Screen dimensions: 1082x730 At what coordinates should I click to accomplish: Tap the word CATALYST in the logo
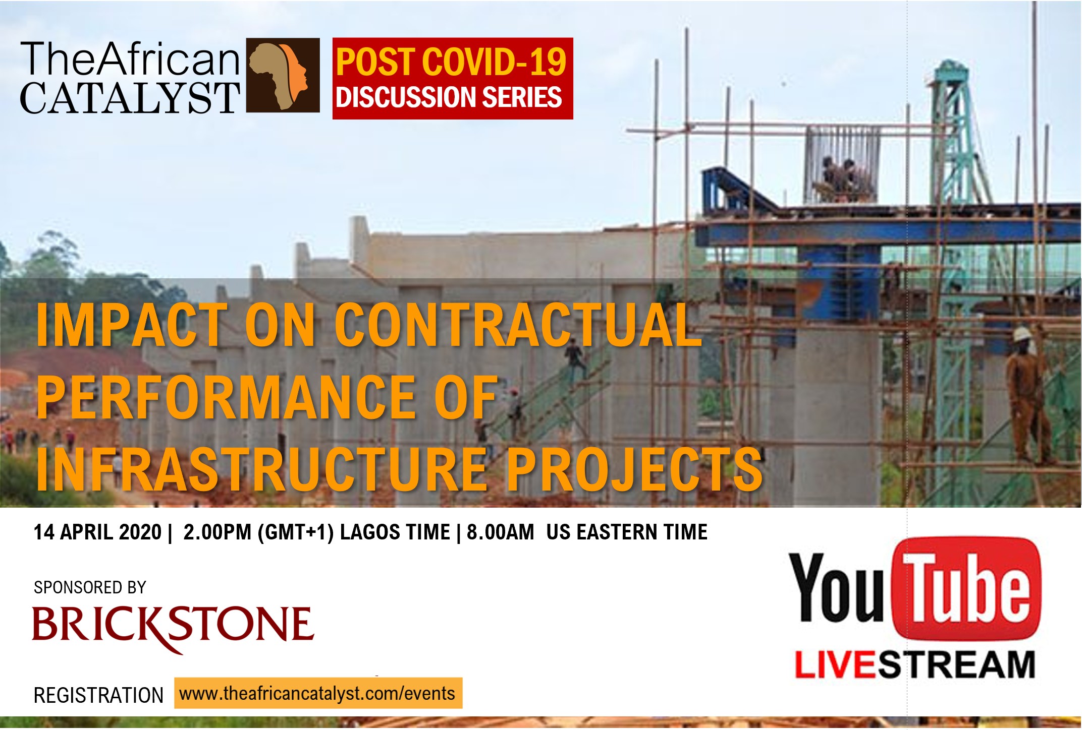(x=130, y=98)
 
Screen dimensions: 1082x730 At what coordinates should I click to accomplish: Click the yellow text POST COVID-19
(x=451, y=62)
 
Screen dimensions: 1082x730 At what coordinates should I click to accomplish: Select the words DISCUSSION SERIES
(x=449, y=97)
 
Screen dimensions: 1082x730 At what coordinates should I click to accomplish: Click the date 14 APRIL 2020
(x=97, y=532)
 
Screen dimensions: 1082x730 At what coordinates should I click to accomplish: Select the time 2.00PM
(x=218, y=532)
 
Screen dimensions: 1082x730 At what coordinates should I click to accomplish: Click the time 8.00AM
(x=500, y=532)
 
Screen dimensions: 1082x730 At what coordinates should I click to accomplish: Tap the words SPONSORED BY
(x=90, y=587)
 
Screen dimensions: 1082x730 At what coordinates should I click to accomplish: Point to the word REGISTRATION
(x=98, y=695)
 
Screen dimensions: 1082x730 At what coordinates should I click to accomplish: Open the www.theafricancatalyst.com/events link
(x=318, y=693)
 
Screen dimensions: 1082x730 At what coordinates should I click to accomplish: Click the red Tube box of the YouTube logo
(x=966, y=589)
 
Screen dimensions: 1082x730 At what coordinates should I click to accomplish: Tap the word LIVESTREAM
(x=914, y=664)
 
